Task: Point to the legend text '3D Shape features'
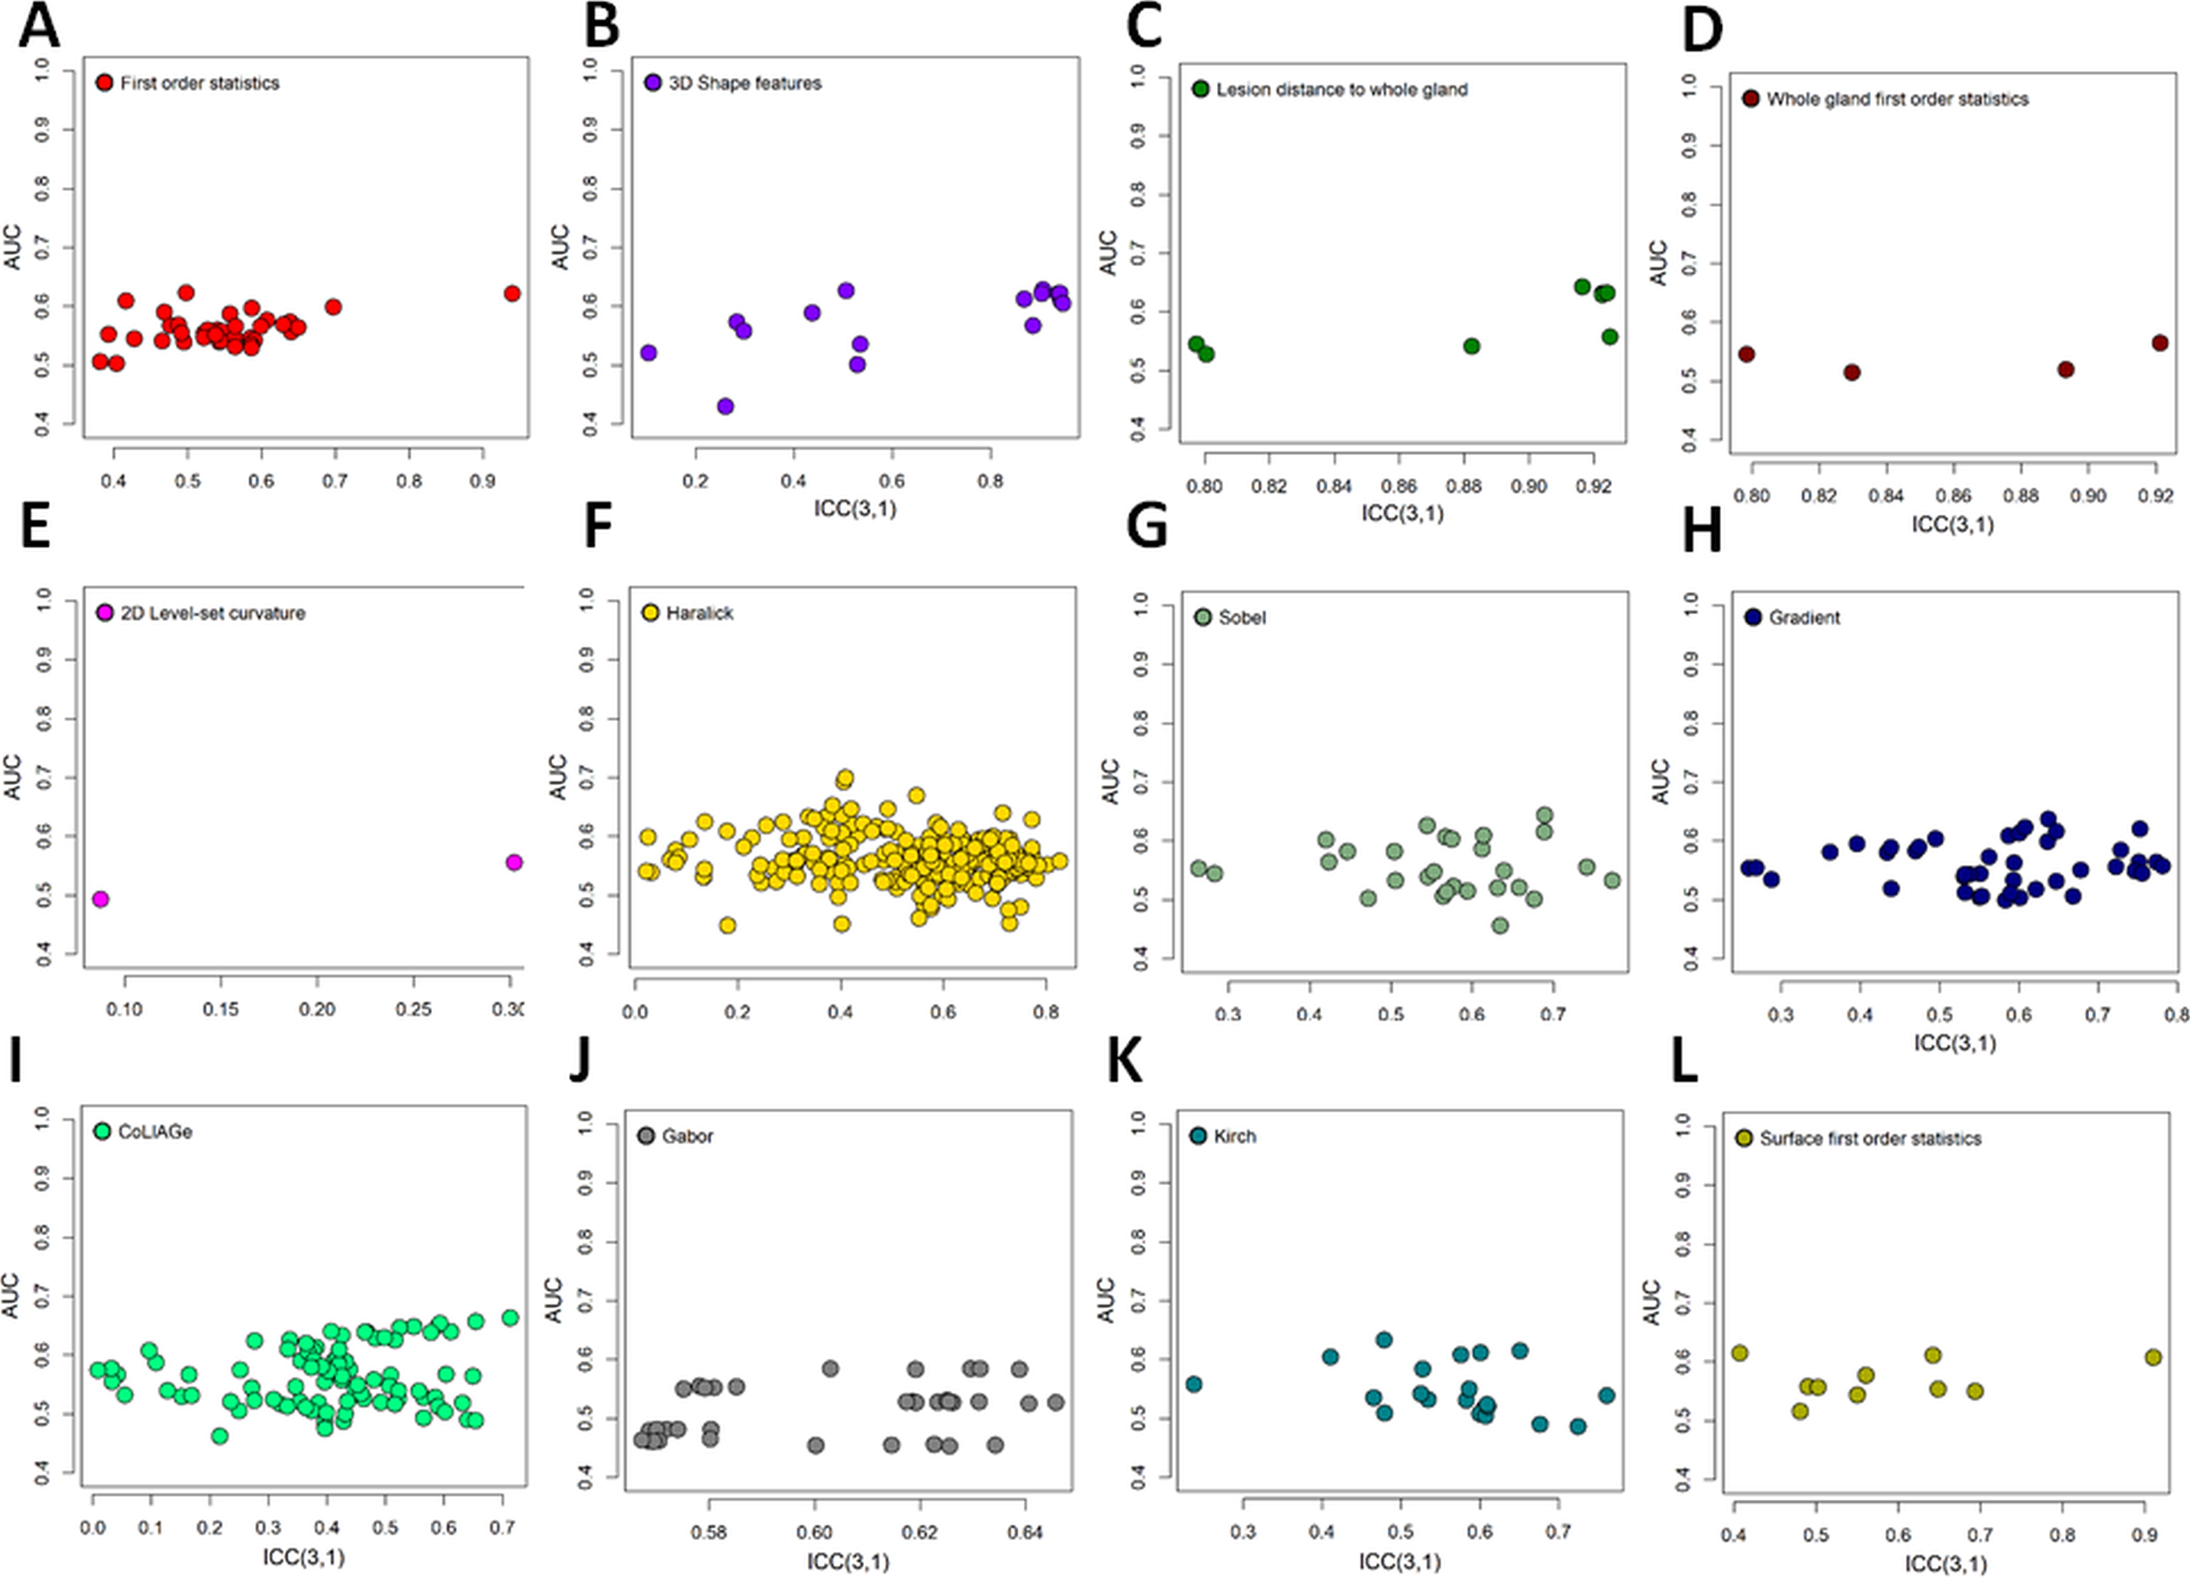click(x=744, y=83)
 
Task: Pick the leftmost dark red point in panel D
click(x=1746, y=355)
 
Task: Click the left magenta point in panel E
click(x=101, y=899)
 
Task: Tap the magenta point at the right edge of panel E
click(x=514, y=862)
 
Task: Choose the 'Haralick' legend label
click(x=699, y=613)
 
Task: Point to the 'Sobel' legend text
click(x=1242, y=617)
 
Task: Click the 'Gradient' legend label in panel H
click(x=1804, y=617)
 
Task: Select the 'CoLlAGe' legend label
click(x=155, y=1132)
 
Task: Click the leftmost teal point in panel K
click(x=1194, y=1384)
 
